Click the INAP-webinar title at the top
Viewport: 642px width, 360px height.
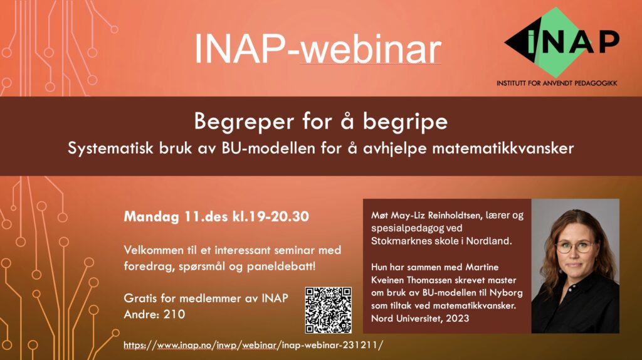(318, 49)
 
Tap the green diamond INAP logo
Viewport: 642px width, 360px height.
(562, 42)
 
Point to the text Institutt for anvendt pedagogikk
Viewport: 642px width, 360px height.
(557, 83)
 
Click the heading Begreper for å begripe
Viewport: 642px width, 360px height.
(320, 122)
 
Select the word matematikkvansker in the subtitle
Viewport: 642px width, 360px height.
(503, 148)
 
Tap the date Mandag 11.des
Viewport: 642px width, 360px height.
(176, 216)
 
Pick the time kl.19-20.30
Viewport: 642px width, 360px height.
(271, 216)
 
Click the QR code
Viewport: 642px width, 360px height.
(329, 310)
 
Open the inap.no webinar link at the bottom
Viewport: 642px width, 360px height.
(253, 345)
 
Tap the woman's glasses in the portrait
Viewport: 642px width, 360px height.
(574, 246)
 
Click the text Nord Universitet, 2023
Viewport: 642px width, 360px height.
(420, 318)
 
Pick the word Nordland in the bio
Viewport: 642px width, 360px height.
(489, 241)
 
